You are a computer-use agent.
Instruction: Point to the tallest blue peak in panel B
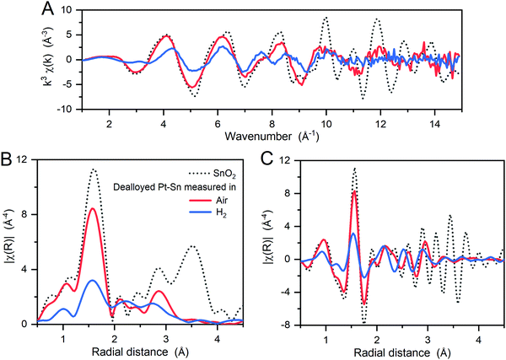point(93,280)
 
